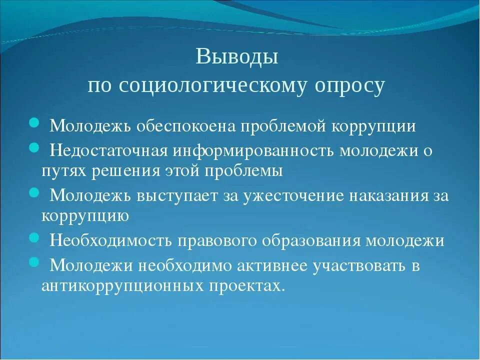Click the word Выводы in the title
236,56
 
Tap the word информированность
254,150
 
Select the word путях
64,171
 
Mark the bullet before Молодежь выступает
34,192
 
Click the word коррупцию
85,216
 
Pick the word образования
306,240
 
